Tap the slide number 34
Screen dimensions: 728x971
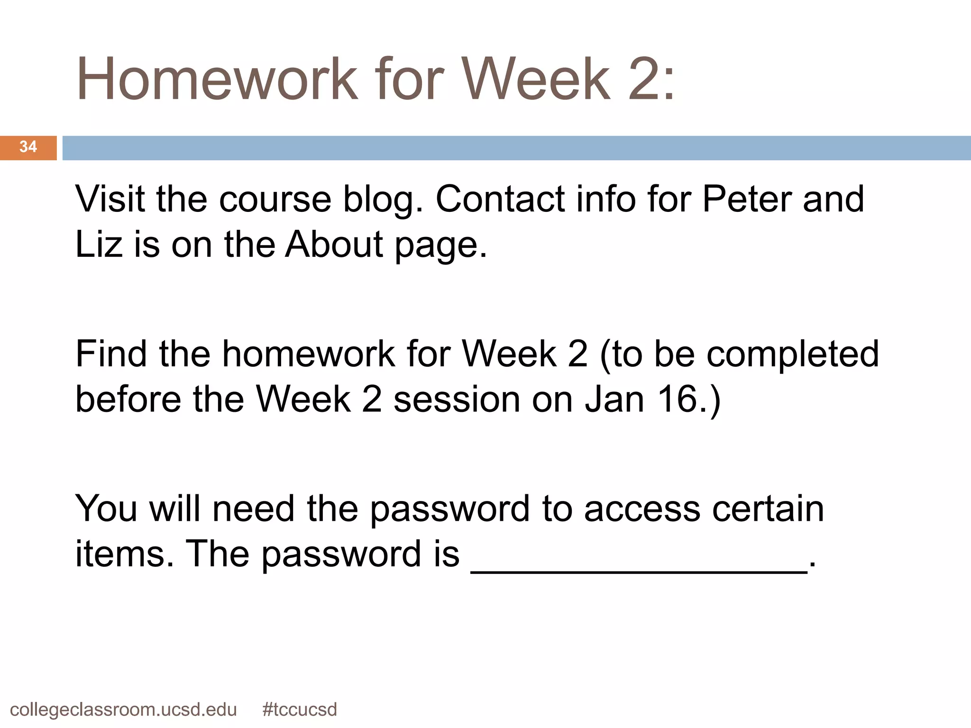[x=28, y=147]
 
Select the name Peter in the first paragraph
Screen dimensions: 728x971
[x=746, y=199]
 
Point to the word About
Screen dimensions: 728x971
[x=334, y=245]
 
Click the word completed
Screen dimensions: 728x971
[x=793, y=355]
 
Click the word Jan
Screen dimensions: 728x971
[x=614, y=400]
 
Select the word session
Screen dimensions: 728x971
[x=457, y=400]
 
